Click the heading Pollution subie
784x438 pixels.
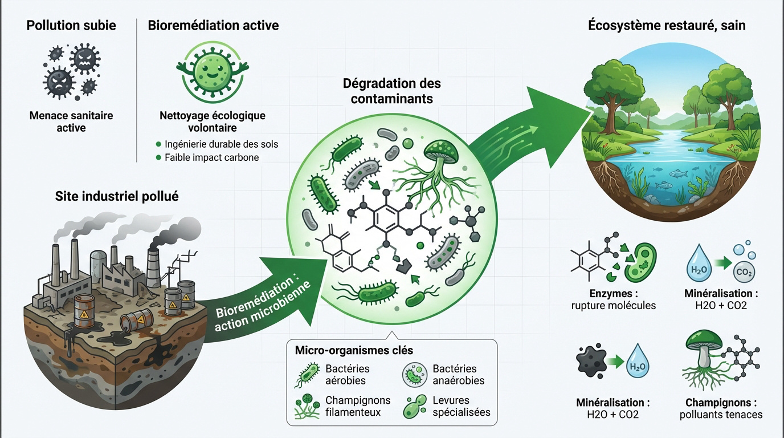click(72, 25)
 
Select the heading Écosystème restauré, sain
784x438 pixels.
click(666, 25)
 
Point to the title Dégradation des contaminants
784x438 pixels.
click(391, 91)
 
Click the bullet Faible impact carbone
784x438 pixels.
click(211, 157)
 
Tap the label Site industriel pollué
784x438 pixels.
click(117, 196)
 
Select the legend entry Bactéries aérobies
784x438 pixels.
click(347, 375)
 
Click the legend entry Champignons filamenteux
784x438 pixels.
click(358, 406)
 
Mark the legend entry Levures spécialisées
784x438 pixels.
click(461, 406)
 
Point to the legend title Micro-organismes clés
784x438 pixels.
click(354, 350)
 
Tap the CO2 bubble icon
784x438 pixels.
click(744, 273)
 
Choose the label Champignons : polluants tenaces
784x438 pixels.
click(721, 408)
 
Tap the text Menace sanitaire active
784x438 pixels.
click(71, 121)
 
